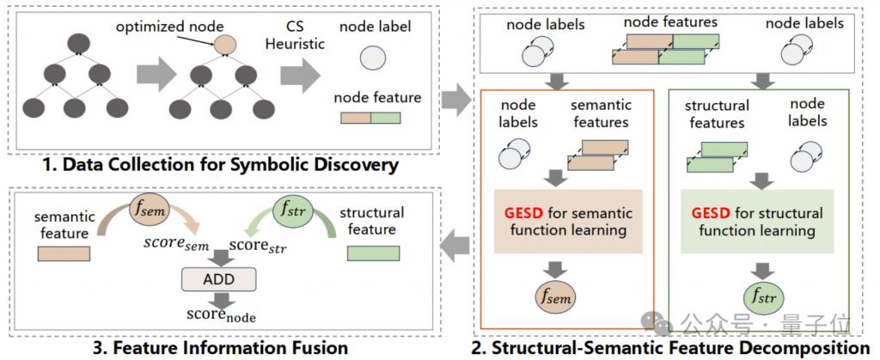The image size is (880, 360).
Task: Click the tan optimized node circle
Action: [225, 45]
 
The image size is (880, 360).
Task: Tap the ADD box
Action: [218, 278]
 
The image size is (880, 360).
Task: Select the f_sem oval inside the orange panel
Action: [555, 296]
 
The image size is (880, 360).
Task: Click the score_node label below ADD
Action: [221, 314]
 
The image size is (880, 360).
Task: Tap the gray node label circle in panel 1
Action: [373, 58]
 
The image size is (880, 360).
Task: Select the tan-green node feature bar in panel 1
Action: [371, 118]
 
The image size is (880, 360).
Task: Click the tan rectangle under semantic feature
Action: [64, 253]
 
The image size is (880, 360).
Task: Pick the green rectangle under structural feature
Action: [373, 253]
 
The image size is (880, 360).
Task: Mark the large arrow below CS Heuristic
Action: [301, 75]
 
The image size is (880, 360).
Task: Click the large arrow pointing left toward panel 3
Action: [455, 245]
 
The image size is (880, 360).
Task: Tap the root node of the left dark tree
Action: [78, 44]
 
